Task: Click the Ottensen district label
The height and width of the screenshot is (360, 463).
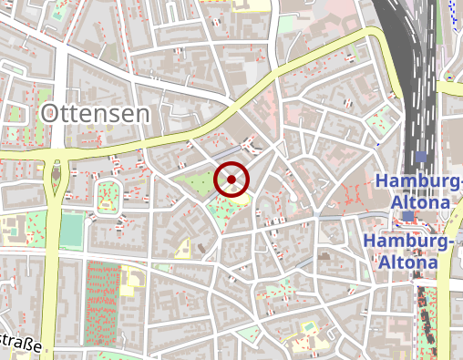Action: [x=95, y=113]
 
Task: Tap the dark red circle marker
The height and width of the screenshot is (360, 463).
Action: [x=231, y=180]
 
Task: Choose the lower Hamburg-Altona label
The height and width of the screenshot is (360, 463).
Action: [x=408, y=251]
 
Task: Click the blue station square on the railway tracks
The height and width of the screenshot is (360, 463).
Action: [x=420, y=157]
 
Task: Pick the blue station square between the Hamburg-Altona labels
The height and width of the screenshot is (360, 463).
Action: [x=408, y=216]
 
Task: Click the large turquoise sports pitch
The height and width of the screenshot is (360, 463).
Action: [x=70, y=230]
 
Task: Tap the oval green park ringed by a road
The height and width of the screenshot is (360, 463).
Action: [x=108, y=196]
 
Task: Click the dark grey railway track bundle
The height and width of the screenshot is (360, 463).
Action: [x=416, y=73]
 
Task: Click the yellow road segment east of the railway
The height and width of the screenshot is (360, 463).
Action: [x=450, y=87]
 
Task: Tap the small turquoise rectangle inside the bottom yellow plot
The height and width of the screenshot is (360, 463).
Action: [x=310, y=325]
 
